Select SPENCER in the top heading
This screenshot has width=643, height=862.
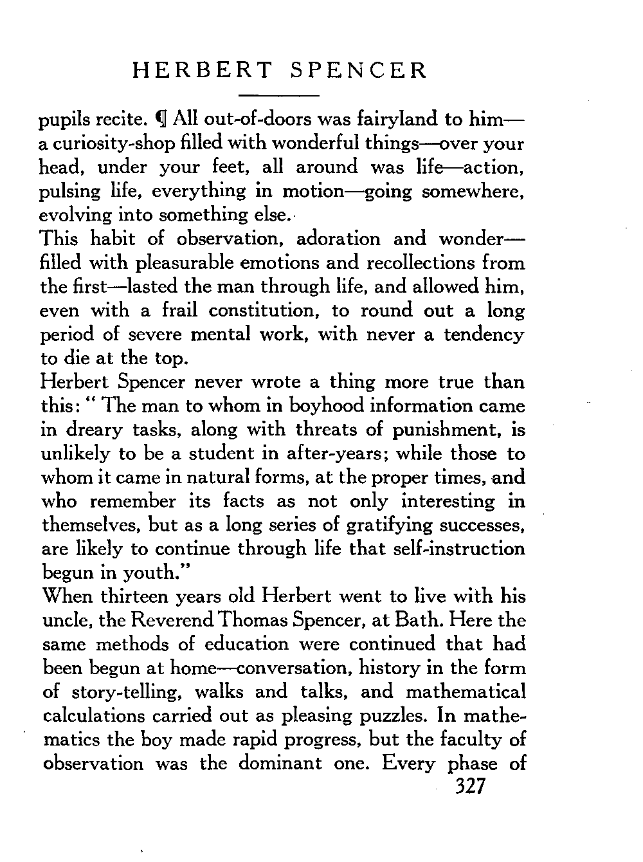(x=358, y=70)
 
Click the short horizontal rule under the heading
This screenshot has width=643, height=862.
(x=279, y=96)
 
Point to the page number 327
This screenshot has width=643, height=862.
(x=469, y=787)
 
